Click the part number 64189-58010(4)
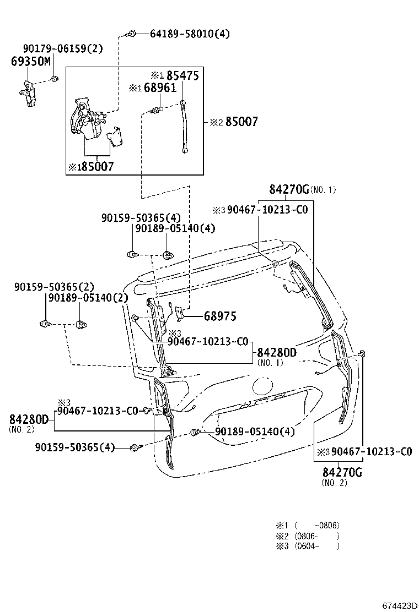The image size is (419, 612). pos(190,34)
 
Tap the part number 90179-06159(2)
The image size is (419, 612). pos(63,48)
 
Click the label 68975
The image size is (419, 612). pos(219,316)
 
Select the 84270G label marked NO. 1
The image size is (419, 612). pos(289,190)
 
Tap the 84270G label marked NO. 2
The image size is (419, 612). pos(342,472)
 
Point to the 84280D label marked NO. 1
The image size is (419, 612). pos(276,352)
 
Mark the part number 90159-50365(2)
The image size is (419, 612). pos(54,287)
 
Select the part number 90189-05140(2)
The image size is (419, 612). pos(88,297)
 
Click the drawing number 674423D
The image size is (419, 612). pos(399,605)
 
